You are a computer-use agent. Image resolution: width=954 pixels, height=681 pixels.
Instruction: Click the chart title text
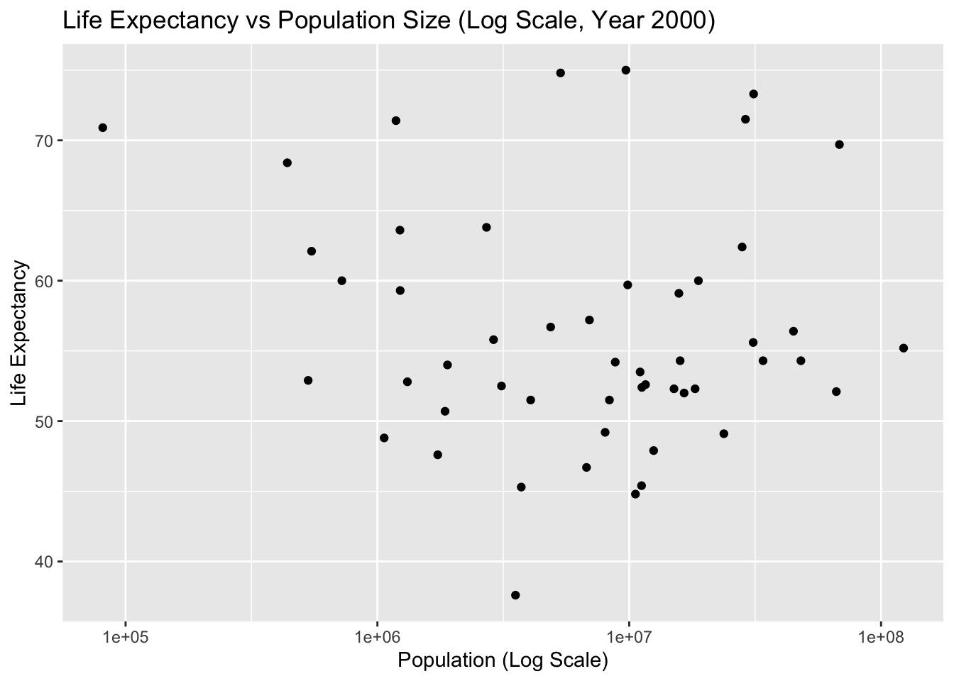click(x=388, y=21)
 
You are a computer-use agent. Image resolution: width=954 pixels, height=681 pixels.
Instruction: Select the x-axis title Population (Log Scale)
click(x=503, y=660)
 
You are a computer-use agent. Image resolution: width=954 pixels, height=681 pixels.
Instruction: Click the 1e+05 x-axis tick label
click(x=126, y=636)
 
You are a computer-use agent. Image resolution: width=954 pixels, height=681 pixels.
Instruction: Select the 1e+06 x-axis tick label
click(x=377, y=636)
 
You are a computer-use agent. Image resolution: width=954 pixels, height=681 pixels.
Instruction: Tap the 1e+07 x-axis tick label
click(x=629, y=636)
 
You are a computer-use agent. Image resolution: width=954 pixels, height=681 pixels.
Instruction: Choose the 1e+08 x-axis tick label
click(x=881, y=636)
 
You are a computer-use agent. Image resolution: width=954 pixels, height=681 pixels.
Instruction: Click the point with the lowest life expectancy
click(x=515, y=595)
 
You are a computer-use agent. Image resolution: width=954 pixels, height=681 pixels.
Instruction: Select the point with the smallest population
click(x=103, y=128)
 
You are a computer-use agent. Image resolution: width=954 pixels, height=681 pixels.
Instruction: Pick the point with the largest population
click(x=904, y=348)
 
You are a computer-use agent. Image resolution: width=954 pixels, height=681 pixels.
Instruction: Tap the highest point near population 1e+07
click(x=626, y=70)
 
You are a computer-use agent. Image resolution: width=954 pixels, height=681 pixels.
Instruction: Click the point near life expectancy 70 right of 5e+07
click(x=840, y=145)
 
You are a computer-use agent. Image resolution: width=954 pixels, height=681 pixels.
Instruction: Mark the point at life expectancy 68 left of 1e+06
click(x=287, y=162)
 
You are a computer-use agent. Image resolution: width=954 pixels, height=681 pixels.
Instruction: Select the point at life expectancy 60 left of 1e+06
click(x=341, y=281)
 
